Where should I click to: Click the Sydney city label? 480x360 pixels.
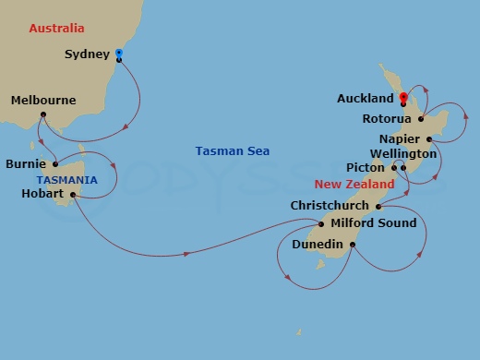(x=88, y=54)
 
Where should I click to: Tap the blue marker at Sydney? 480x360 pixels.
(x=119, y=53)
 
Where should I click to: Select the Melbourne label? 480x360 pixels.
(x=43, y=100)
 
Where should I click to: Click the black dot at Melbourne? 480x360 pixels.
(x=43, y=114)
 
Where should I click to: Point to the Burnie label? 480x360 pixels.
(x=27, y=164)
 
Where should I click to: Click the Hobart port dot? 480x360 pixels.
(x=72, y=195)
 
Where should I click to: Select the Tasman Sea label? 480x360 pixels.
(x=233, y=151)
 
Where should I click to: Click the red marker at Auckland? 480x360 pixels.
(x=403, y=96)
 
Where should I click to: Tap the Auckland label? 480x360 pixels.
(x=367, y=98)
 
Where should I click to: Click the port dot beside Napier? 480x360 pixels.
(x=429, y=138)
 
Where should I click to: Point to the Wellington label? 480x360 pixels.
(x=402, y=153)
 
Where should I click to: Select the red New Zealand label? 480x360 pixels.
(x=354, y=185)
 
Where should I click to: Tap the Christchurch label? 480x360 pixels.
(x=330, y=206)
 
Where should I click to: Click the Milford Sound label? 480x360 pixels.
(x=373, y=222)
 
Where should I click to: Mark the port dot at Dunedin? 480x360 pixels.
(x=353, y=245)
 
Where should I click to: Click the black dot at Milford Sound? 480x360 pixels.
(x=320, y=223)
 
